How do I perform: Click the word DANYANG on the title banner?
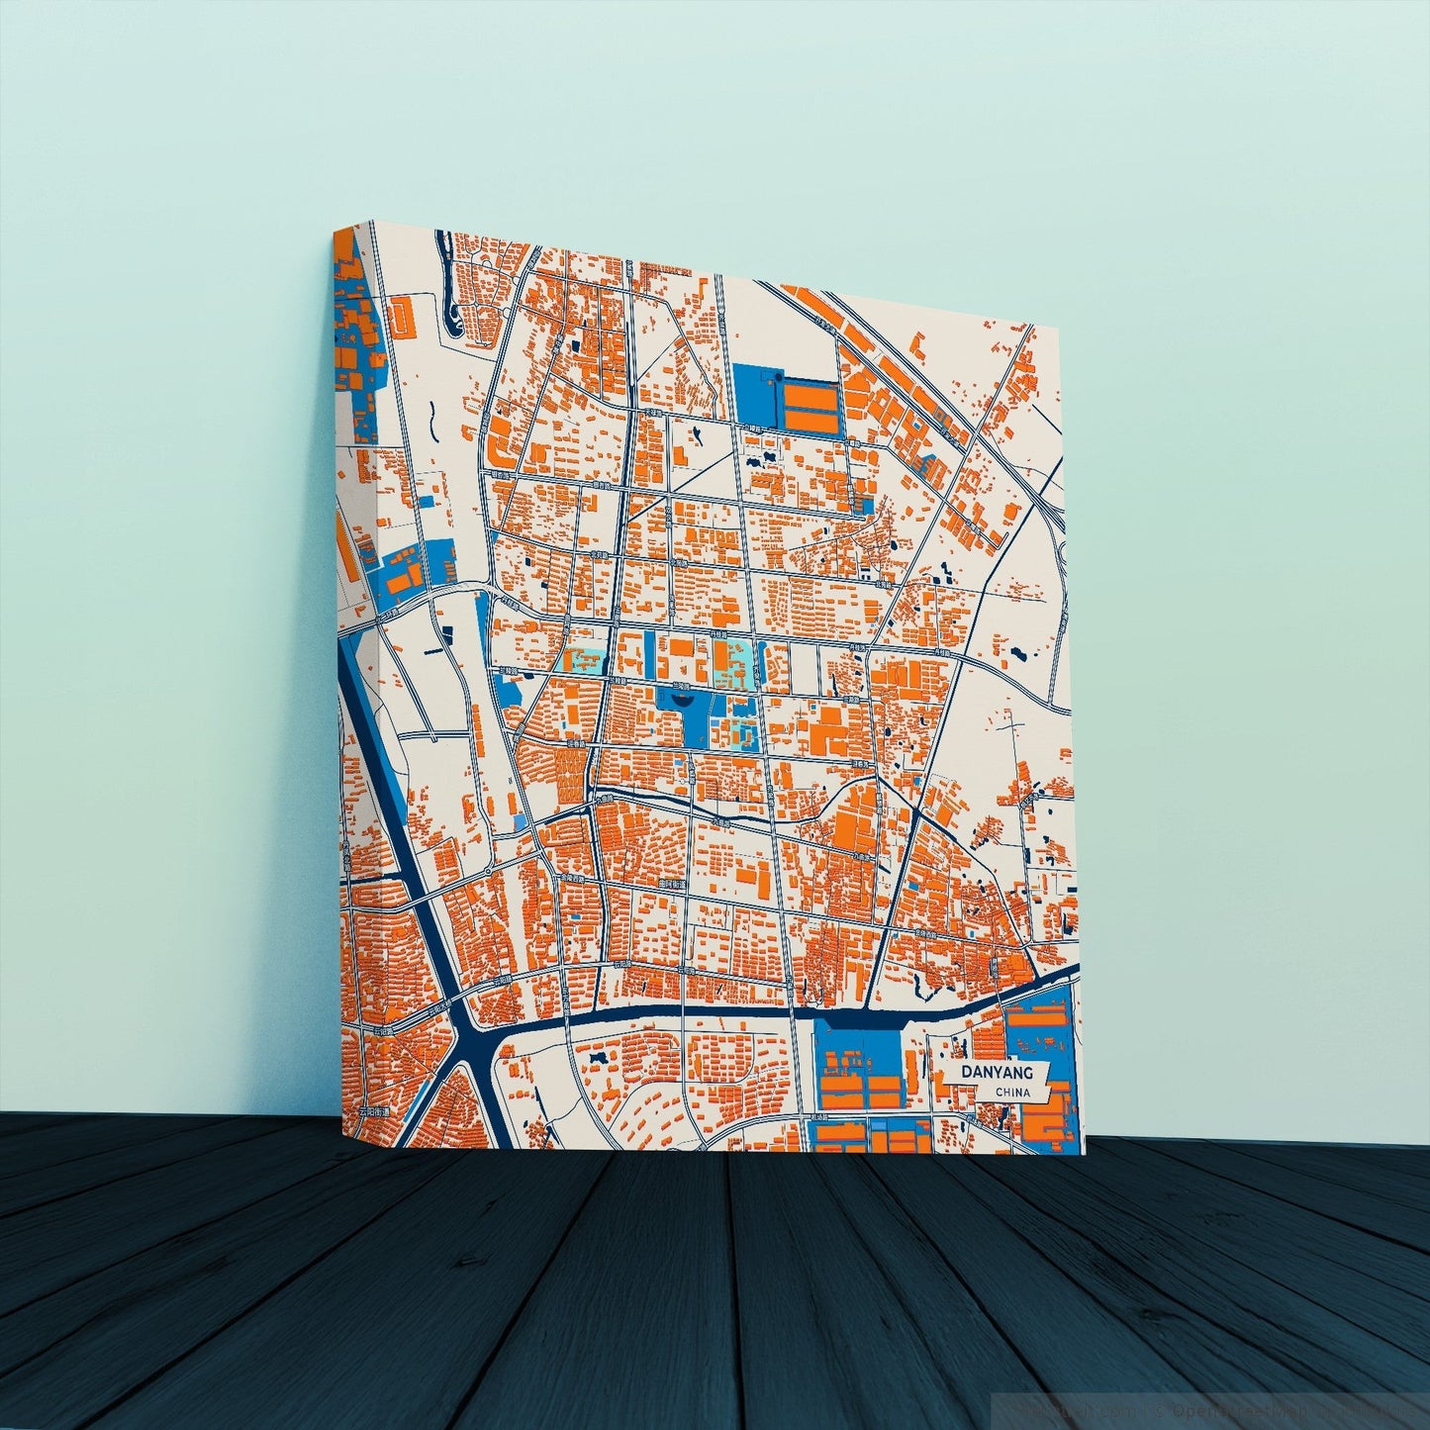click(995, 1072)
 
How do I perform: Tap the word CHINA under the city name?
click(1013, 1092)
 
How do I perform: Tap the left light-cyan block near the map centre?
click(583, 659)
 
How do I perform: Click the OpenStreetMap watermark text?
click(1237, 1405)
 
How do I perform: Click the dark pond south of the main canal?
click(597, 1058)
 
